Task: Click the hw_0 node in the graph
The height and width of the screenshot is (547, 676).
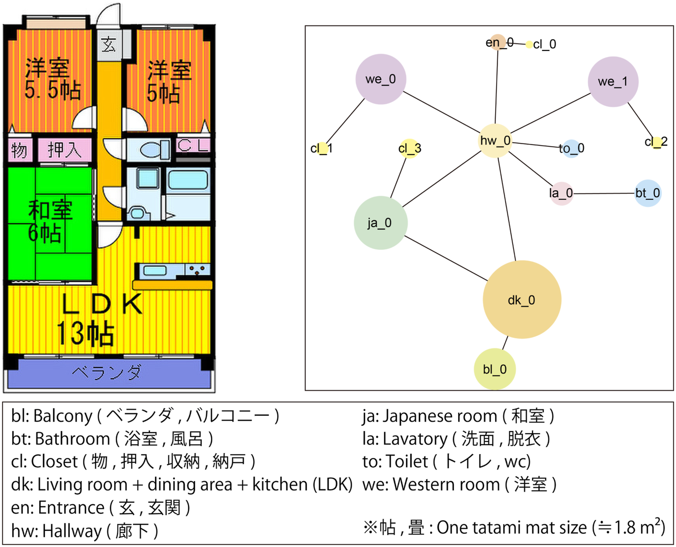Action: pos(495,141)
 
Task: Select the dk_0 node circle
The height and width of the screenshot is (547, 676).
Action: pos(522,299)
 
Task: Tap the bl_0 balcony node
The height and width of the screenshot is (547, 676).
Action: pos(495,369)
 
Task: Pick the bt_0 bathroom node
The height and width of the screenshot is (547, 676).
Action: pos(648,193)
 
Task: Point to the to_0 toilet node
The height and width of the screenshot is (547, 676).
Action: pos(572,148)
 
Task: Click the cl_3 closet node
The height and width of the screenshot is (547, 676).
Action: pos(409,148)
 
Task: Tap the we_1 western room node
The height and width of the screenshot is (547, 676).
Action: pos(613,81)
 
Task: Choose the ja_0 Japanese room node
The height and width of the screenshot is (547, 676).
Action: pos(381,223)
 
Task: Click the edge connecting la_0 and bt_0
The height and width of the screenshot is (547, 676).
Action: pos(604,194)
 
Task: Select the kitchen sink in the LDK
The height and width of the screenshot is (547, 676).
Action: pos(155,271)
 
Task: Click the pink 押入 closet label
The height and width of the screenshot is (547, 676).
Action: pos(64,150)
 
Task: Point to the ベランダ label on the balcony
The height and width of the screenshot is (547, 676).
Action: pos(106,373)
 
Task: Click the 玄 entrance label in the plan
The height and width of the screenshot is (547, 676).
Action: pos(108,45)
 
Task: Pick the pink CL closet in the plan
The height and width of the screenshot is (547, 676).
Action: pos(193,145)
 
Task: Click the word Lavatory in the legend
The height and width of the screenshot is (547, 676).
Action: pos(415,439)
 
